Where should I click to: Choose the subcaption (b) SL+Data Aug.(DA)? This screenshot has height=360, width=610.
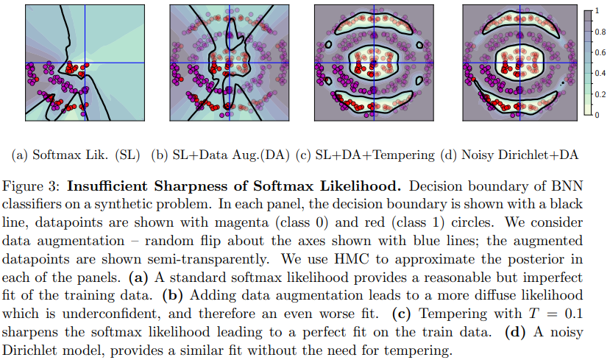click(x=220, y=155)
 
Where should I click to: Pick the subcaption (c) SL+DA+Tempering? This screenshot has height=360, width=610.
click(x=365, y=155)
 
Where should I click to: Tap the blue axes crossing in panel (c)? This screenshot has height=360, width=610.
click(x=374, y=63)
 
